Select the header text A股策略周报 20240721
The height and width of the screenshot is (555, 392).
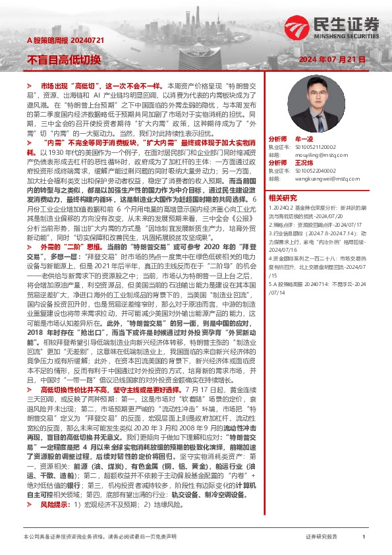(60, 41)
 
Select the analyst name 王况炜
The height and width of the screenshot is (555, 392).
(304, 162)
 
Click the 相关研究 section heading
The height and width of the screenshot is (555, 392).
(283, 197)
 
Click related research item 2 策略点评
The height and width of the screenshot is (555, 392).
(316, 224)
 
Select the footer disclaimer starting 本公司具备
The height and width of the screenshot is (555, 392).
(99, 537)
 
